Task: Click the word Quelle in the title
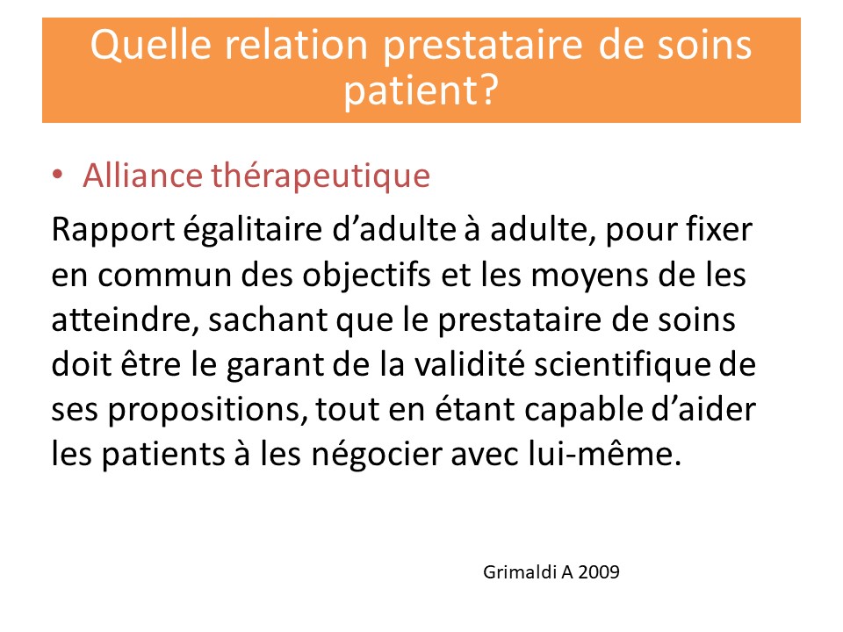pos(151,45)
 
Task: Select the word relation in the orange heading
pos(296,44)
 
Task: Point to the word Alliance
pos(142,175)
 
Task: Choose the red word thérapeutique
pos(321,176)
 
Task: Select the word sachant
pos(268,320)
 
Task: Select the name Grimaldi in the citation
pos(519,571)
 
